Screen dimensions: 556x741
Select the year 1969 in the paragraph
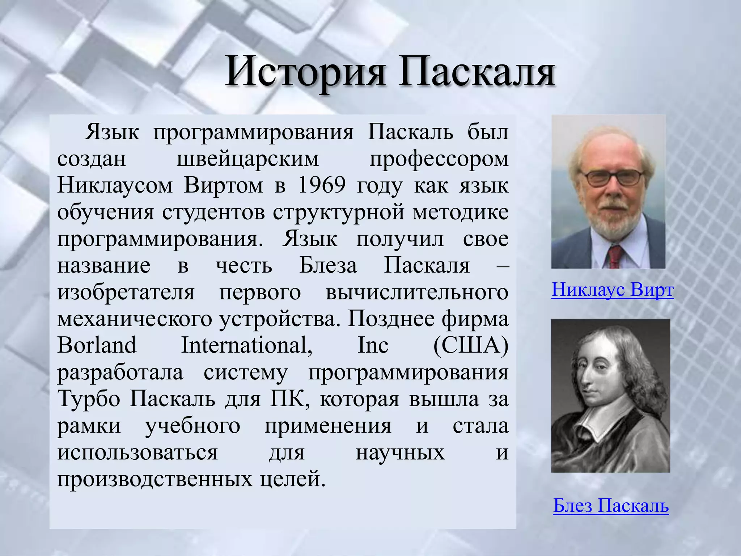[x=322, y=185]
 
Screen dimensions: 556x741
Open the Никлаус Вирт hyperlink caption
[x=612, y=290]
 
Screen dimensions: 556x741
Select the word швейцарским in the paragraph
[x=248, y=159]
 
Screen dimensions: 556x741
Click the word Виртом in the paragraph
[x=223, y=185]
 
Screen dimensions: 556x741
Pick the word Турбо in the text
[x=88, y=399]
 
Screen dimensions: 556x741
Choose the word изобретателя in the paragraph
[x=126, y=292]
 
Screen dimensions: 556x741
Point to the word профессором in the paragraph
[x=439, y=159]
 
